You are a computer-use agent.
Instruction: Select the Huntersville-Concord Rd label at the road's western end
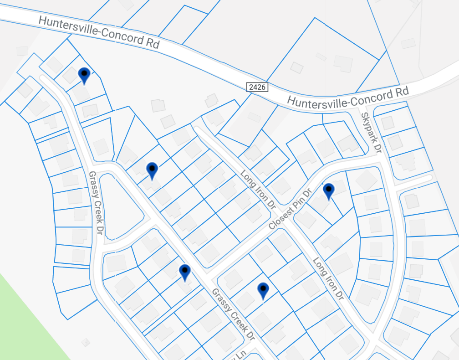pyautogui.click(x=99, y=33)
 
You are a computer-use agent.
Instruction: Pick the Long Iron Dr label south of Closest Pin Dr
pyautogui.click(x=327, y=278)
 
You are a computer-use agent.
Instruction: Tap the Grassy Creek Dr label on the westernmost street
pyautogui.click(x=95, y=203)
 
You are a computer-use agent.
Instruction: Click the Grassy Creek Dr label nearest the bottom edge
pyautogui.click(x=232, y=314)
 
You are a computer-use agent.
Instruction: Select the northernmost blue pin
pyautogui.click(x=84, y=75)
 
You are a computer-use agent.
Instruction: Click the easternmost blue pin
pyautogui.click(x=329, y=191)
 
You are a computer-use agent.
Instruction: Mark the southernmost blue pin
pyautogui.click(x=263, y=290)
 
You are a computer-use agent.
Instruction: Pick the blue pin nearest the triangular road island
pyautogui.click(x=152, y=170)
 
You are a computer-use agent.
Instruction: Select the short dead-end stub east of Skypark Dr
pyautogui.click(x=414, y=179)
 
